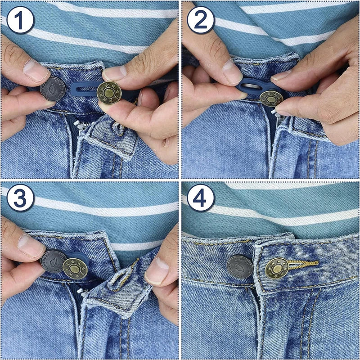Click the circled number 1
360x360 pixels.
click(x=21, y=21)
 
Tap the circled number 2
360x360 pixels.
click(x=201, y=21)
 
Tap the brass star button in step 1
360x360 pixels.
click(x=109, y=93)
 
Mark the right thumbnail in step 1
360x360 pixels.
click(x=114, y=72)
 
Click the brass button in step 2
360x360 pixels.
click(x=271, y=98)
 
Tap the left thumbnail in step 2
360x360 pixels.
click(x=232, y=71)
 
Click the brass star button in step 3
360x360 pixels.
click(x=74, y=268)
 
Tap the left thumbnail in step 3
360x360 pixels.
click(x=31, y=245)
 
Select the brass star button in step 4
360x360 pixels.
click(x=276, y=268)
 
